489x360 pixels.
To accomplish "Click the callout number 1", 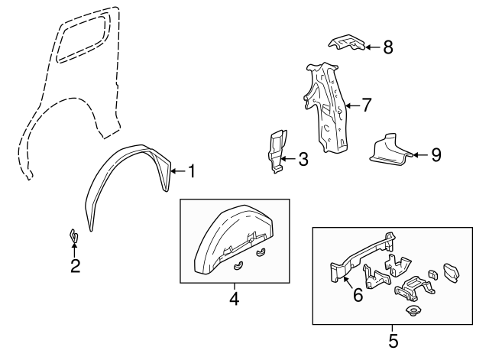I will (x=191, y=171).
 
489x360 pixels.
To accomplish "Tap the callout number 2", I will (x=74, y=266).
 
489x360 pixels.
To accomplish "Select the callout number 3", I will (x=303, y=160).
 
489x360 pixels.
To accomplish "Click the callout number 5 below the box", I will (x=393, y=339).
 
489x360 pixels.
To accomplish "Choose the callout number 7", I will (x=366, y=105).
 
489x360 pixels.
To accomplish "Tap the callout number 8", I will (x=387, y=47).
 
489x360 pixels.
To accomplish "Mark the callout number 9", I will (x=435, y=155).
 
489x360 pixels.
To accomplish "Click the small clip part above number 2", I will (x=73, y=235).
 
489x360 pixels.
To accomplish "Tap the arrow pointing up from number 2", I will (x=73, y=249).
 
